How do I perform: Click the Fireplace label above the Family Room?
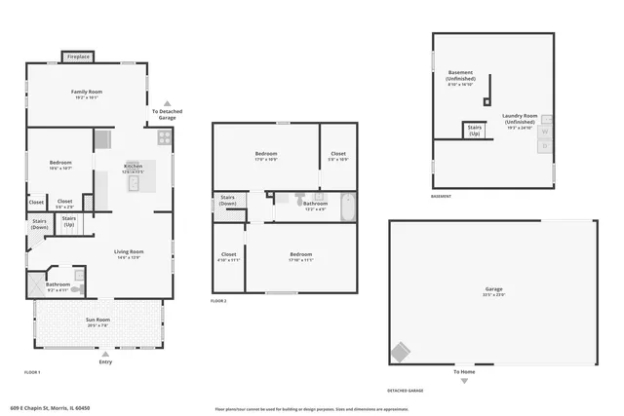pos(78,57)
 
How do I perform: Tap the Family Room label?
pos(86,94)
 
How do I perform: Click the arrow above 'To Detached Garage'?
pos(167,102)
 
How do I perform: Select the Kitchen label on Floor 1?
pos(133,167)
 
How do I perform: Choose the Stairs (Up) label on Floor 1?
pos(69,220)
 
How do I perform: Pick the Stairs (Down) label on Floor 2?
pos(227,201)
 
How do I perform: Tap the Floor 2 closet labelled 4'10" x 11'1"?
pos(229,257)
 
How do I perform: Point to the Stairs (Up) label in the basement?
pos(475,130)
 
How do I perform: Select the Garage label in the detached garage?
pos(494,289)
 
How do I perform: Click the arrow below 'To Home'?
pos(464,381)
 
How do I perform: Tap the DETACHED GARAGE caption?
pos(406,391)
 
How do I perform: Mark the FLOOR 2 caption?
pos(218,302)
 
